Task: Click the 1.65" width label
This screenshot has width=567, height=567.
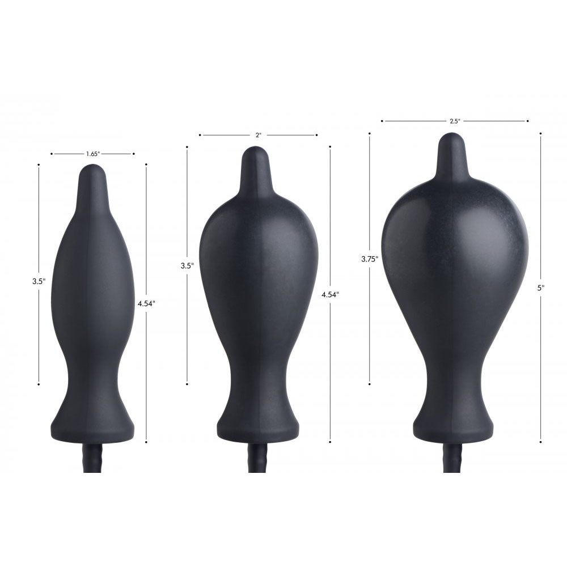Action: pyautogui.click(x=93, y=154)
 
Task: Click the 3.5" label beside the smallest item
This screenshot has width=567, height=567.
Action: pyautogui.click(x=39, y=280)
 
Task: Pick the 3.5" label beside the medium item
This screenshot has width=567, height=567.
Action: pyautogui.click(x=187, y=265)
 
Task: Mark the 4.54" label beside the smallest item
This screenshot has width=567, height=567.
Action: pyautogui.click(x=146, y=303)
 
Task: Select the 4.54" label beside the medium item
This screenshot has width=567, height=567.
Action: pyautogui.click(x=330, y=294)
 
